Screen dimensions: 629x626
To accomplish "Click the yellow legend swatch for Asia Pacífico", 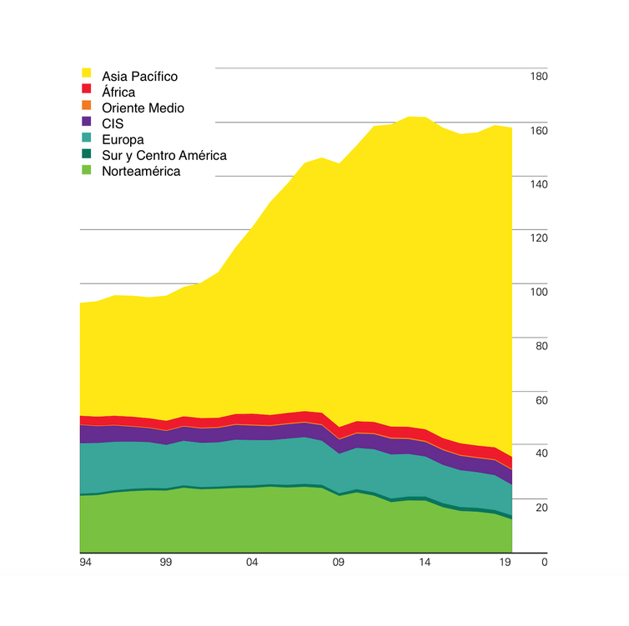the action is (x=86, y=73).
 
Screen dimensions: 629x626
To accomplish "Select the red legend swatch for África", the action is (x=86, y=88).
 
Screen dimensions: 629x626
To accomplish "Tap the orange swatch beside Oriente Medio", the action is (x=86, y=105).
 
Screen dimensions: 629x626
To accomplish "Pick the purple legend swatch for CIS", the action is (x=86, y=121).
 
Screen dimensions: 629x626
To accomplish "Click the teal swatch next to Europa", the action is (x=86, y=138).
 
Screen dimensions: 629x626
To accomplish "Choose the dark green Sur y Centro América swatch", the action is (x=86, y=153).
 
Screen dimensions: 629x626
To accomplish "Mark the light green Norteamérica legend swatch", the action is (x=86, y=170).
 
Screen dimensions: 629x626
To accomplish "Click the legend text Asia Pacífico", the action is (x=139, y=76).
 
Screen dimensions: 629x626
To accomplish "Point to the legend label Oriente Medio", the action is (x=143, y=108).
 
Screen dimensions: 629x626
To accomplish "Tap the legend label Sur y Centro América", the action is (x=164, y=156).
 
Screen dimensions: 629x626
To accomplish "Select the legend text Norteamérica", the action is (x=141, y=171).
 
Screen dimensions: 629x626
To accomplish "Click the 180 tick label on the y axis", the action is (x=539, y=77).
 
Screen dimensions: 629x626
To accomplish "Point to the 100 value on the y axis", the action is (x=539, y=292).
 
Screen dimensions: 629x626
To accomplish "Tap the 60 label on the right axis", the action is (x=541, y=400).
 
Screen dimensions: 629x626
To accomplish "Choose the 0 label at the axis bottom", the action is (x=545, y=563).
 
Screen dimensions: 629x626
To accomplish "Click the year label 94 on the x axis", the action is (x=85, y=563).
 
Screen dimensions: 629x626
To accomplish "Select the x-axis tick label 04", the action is (x=252, y=563).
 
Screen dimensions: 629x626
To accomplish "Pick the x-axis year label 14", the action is (x=425, y=563).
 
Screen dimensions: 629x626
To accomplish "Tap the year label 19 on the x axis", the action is (x=505, y=563).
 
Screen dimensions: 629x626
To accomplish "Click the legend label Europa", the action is (x=123, y=139).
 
